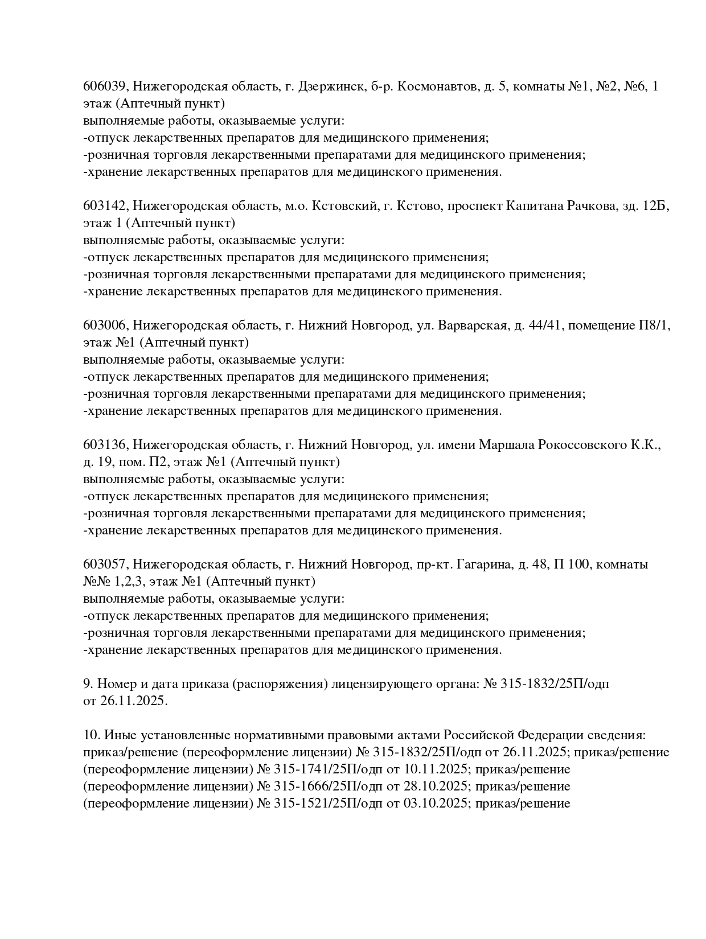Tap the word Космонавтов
pos(437,87)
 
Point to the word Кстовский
pos(345,206)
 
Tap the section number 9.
pos(87,684)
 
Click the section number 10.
pos(90,735)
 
